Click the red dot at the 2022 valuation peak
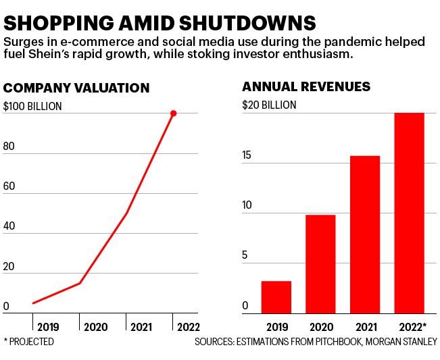point(174,113)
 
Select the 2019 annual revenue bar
point(276,297)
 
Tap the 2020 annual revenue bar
point(320,264)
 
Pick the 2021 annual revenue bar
point(365,234)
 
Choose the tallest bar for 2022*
point(409,213)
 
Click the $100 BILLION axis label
point(32,105)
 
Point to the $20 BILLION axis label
point(269,105)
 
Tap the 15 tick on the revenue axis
point(247,155)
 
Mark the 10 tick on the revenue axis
point(247,205)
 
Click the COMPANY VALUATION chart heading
point(76,88)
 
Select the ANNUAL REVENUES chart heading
point(306,86)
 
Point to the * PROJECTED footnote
point(29,342)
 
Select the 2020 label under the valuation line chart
point(95,327)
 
